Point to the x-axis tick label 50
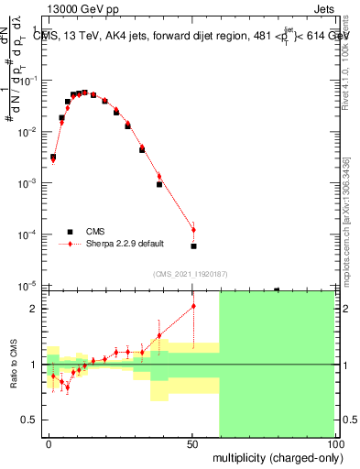pos(192,442)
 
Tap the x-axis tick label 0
pos(49,442)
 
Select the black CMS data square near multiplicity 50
pos(193,246)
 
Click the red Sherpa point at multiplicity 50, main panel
pos(193,230)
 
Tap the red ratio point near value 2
pos(193,306)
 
